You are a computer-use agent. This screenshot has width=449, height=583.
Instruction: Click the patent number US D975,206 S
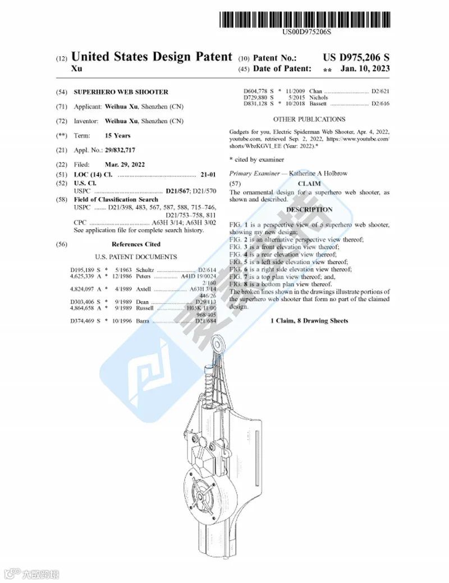[x=356, y=57]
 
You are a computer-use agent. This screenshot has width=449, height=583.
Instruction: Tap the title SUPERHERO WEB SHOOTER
[x=121, y=92]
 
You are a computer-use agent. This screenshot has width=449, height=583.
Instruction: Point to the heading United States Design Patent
[x=152, y=57]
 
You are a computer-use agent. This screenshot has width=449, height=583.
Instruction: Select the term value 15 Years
[x=117, y=135]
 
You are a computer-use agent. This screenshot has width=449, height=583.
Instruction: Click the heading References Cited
[x=136, y=244]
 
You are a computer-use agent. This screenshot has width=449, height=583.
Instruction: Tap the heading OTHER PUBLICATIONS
[x=309, y=119]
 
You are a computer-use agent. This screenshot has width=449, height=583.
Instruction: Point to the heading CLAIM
[x=309, y=183]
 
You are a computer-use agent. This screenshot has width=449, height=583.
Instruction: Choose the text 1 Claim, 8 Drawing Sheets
[x=309, y=321]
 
